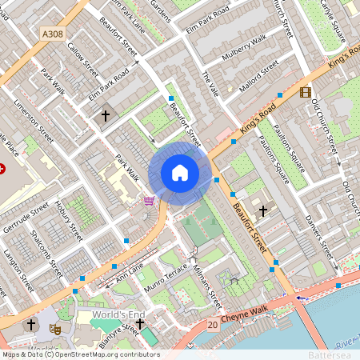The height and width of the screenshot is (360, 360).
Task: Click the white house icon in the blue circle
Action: tap(180, 173)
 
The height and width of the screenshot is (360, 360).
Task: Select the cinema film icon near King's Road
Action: tap(305, 92)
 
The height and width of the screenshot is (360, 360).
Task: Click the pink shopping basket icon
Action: tap(148, 200)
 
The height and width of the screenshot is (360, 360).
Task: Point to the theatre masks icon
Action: tap(55, 328)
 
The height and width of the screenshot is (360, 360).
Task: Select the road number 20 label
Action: tap(212, 325)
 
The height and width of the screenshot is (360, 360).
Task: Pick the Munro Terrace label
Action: tap(164, 276)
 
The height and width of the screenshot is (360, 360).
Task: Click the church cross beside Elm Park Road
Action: tap(105, 116)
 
